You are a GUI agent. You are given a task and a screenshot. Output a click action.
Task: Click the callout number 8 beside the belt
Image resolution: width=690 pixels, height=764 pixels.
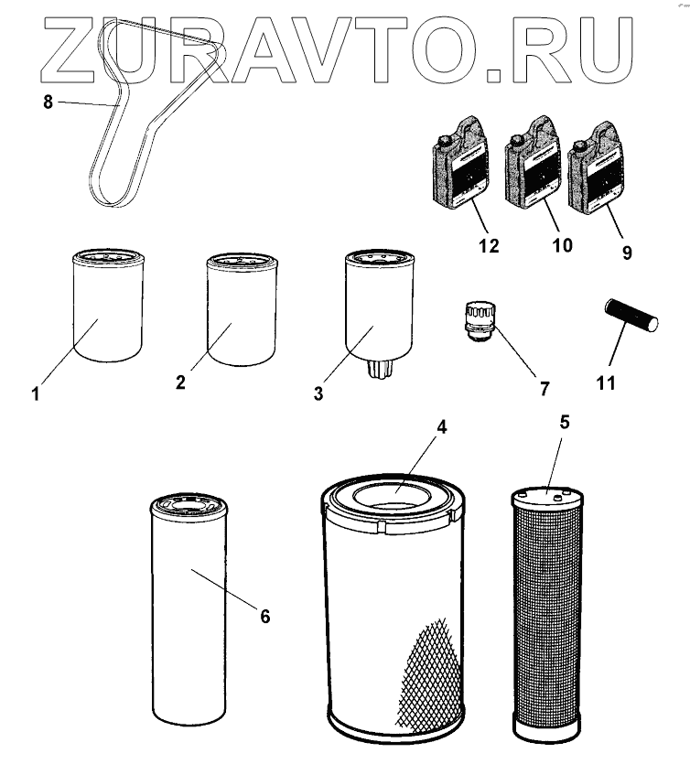click(x=48, y=102)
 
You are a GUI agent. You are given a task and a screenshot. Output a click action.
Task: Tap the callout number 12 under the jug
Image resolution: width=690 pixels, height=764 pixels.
click(x=490, y=245)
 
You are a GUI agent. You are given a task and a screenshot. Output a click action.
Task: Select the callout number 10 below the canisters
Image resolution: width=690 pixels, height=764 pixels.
click(x=562, y=245)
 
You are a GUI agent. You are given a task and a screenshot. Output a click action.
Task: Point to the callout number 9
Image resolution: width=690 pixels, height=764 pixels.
click(x=627, y=253)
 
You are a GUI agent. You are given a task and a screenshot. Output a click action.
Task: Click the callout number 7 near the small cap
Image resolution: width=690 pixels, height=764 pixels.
click(x=544, y=388)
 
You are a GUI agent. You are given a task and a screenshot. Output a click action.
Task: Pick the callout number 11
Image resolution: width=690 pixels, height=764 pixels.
click(x=606, y=383)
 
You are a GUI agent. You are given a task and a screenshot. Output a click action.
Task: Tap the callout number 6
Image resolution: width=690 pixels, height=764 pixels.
click(x=264, y=617)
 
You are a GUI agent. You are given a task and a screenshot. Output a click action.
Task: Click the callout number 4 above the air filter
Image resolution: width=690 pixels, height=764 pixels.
click(x=441, y=426)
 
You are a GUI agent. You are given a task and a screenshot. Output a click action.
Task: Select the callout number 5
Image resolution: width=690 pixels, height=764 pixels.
click(x=565, y=423)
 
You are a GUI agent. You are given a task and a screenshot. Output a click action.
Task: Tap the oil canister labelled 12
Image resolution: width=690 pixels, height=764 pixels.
click(x=461, y=163)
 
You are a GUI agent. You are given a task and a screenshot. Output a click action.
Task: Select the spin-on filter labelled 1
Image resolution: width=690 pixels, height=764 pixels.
click(x=108, y=306)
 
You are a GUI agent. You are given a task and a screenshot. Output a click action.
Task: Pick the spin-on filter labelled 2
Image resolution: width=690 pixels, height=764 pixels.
click(x=243, y=309)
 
